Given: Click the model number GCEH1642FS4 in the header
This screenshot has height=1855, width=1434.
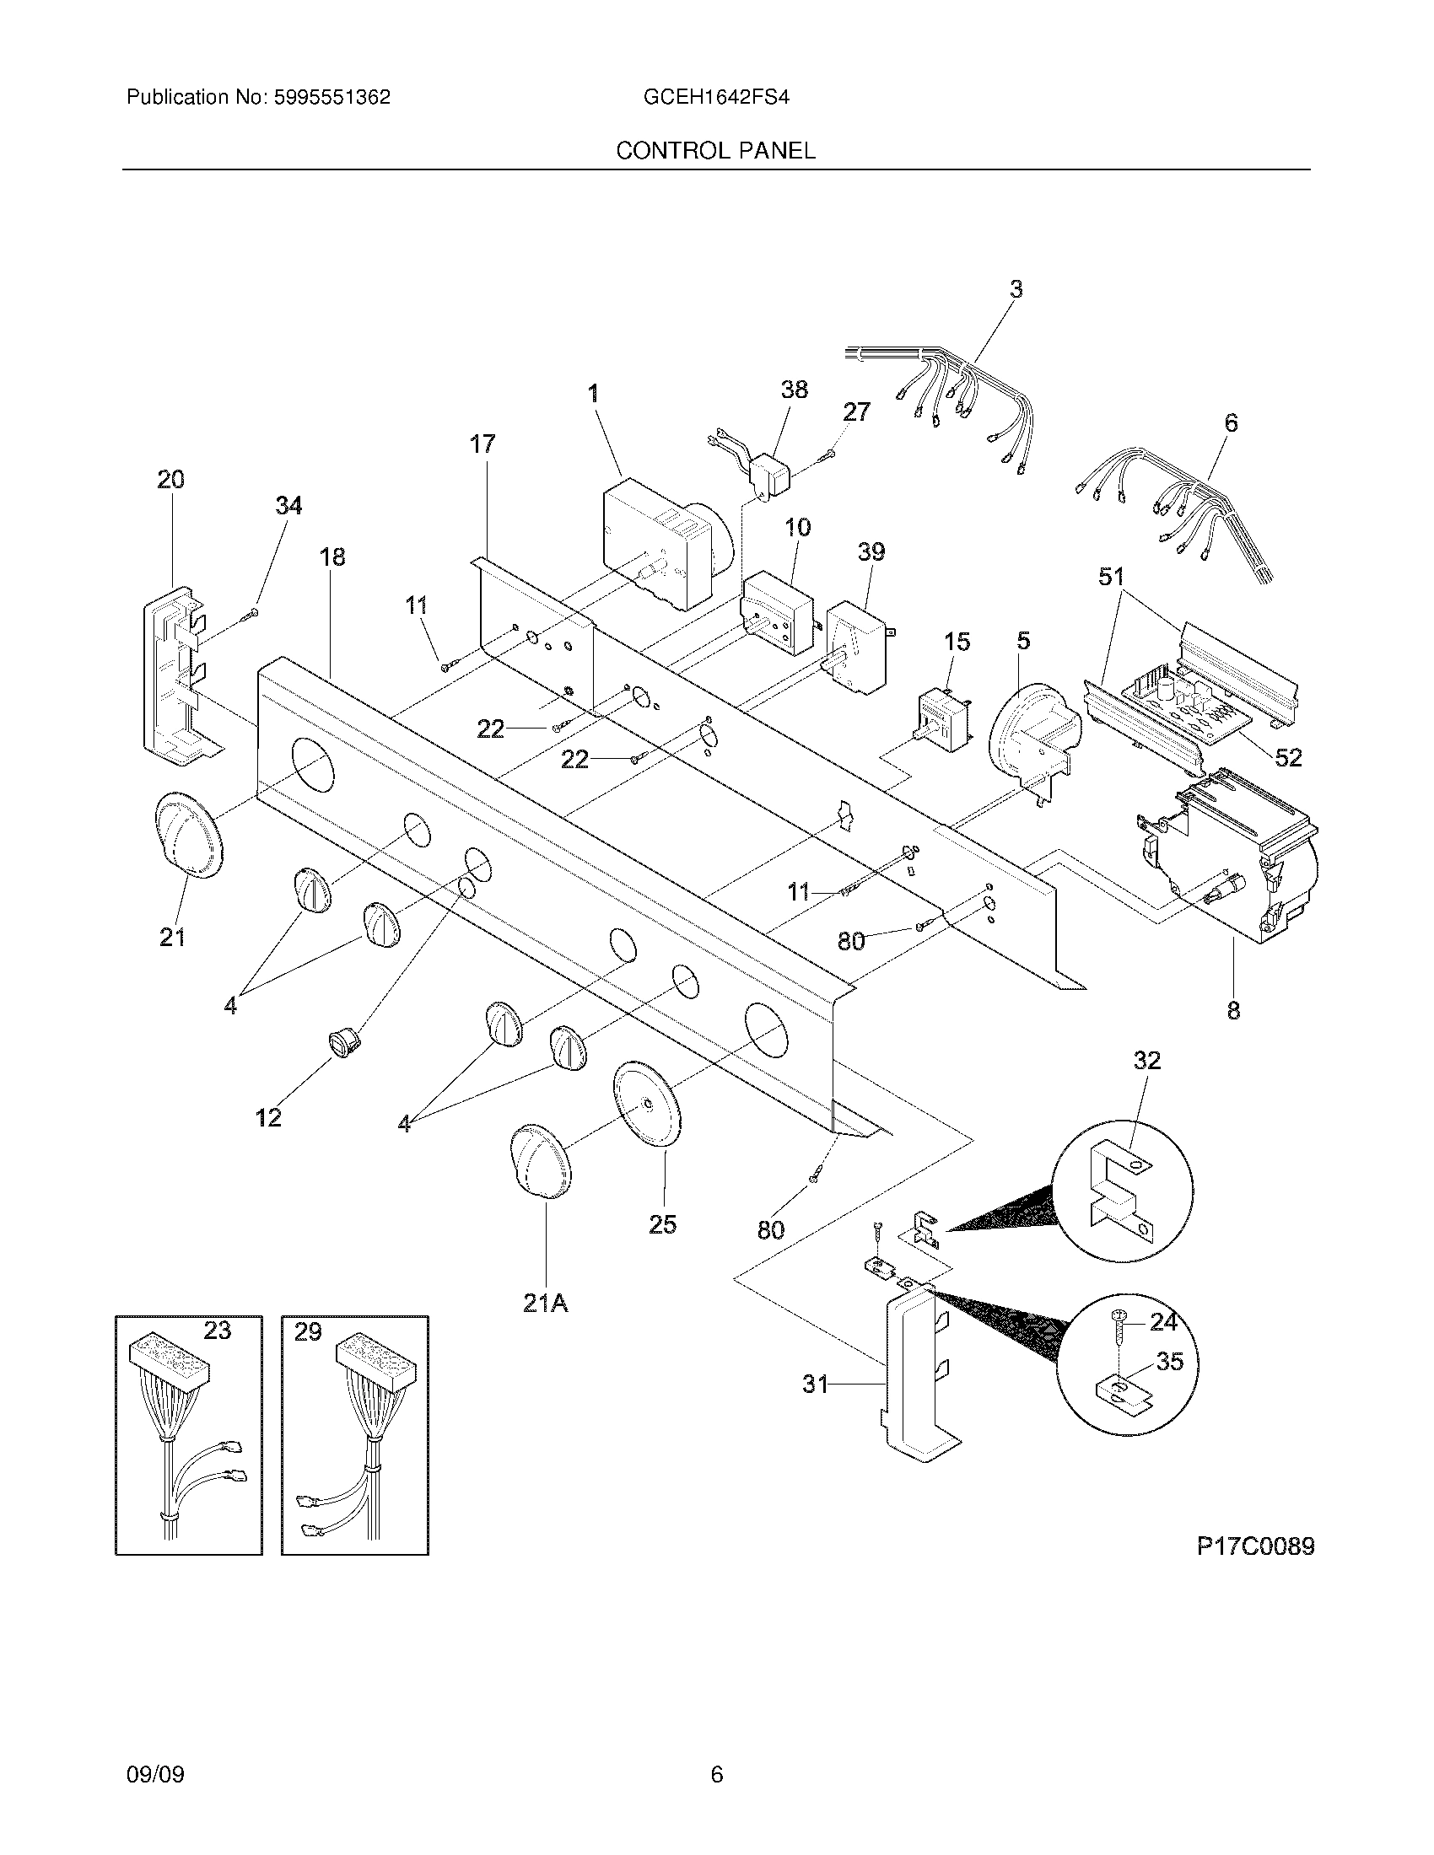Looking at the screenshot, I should (x=716, y=98).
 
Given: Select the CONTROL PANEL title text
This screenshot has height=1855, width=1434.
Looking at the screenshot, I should (x=715, y=151).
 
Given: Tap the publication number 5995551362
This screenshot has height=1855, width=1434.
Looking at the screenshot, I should (x=332, y=98).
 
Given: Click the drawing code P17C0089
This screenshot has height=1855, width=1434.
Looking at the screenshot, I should (x=1256, y=1546).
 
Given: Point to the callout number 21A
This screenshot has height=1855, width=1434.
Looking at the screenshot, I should (x=545, y=1302).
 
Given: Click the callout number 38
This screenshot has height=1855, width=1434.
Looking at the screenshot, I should (x=795, y=390).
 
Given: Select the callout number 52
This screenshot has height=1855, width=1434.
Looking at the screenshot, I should (x=1288, y=757).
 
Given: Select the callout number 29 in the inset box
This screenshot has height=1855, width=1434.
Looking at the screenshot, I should (x=308, y=1331).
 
